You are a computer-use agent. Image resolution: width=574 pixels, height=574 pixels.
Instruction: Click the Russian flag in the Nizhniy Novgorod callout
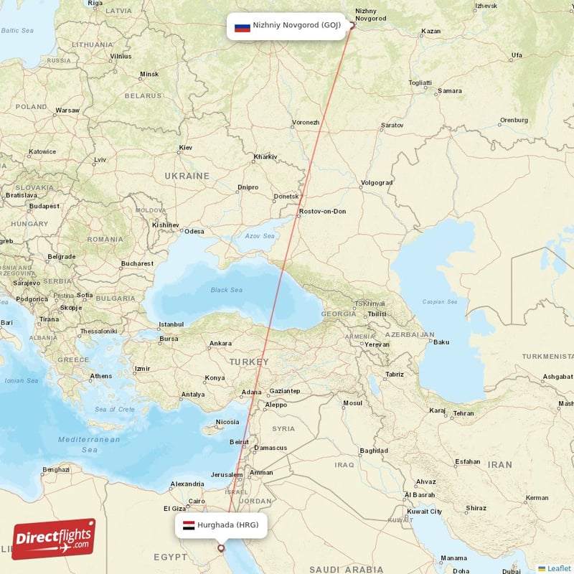point(243,28)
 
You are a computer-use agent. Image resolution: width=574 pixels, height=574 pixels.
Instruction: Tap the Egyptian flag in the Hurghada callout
point(189,525)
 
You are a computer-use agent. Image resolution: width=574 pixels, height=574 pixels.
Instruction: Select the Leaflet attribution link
point(558,568)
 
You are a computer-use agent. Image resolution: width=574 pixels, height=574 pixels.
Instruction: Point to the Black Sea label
point(227,290)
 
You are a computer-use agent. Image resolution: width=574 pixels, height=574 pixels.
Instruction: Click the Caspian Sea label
point(440,302)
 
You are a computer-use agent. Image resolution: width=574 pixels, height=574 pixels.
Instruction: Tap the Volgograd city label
point(377,182)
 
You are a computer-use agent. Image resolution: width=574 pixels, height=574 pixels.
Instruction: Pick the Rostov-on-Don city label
point(322,211)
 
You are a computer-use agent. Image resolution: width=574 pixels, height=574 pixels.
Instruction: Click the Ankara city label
point(220,343)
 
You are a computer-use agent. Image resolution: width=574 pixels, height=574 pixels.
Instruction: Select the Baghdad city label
point(374,451)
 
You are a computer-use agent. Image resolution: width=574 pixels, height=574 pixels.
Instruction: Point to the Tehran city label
point(463,413)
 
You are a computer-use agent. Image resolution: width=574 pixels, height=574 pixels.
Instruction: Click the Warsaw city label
point(67,110)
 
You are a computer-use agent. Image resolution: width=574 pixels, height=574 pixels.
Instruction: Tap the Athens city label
point(101,376)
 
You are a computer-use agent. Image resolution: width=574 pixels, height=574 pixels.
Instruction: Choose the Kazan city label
point(431,32)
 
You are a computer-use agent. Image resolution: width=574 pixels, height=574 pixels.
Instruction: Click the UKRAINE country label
point(187,176)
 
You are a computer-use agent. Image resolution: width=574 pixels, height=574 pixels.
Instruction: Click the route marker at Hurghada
point(220,549)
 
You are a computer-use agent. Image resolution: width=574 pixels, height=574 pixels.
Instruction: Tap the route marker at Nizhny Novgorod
point(352,25)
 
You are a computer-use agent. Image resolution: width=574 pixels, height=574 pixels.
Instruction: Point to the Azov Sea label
point(260,236)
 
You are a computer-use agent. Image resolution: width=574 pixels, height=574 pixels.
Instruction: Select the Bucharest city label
point(137,263)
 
